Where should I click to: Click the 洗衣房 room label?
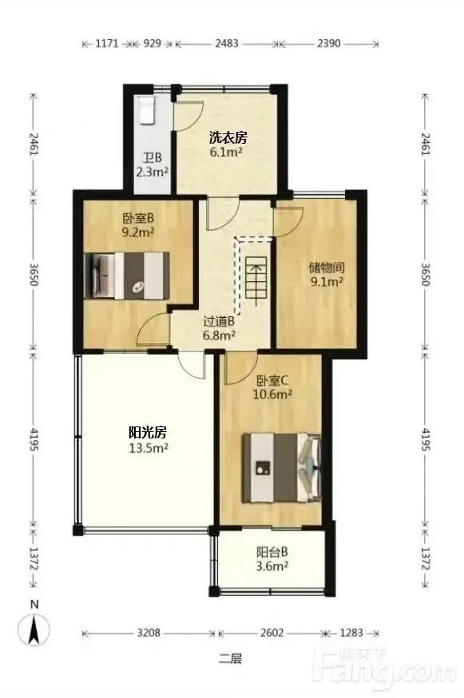(x=228, y=137)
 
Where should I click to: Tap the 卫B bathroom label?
(x=153, y=157)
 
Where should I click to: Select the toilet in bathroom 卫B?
(x=146, y=109)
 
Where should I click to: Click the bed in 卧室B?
(x=127, y=276)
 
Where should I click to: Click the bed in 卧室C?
(x=281, y=468)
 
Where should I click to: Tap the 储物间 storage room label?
(x=327, y=268)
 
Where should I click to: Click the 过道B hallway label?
(x=219, y=321)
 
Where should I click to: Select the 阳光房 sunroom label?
(x=148, y=432)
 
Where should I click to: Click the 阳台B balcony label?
(x=272, y=553)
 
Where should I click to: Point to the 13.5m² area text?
(x=149, y=448)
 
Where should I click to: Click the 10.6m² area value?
(x=272, y=395)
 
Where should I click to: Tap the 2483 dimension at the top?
(x=227, y=43)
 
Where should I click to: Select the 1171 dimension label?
(x=107, y=43)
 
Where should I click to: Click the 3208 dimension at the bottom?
(x=149, y=633)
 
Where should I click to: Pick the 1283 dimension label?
(x=351, y=633)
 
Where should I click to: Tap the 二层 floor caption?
(x=231, y=658)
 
